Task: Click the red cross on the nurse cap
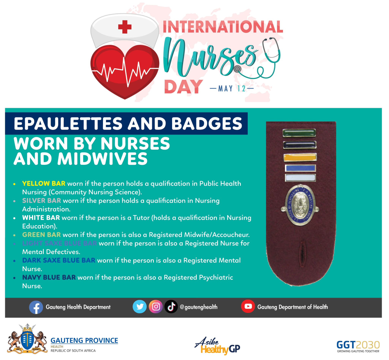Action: click(125, 27)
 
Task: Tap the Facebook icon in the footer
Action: click(36, 307)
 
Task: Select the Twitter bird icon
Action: click(139, 306)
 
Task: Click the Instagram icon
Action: click(155, 306)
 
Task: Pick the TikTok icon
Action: click(171, 306)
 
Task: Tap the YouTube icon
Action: click(248, 306)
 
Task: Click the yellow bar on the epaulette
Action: click(300, 157)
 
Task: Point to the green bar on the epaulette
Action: click(299, 133)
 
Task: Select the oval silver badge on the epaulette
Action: click(300, 204)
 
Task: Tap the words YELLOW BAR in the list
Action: click(44, 183)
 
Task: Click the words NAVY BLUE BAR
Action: click(49, 278)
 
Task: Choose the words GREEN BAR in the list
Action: click(41, 235)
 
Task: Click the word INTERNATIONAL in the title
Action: click(223, 27)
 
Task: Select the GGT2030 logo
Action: click(358, 346)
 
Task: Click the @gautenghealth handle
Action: click(198, 307)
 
